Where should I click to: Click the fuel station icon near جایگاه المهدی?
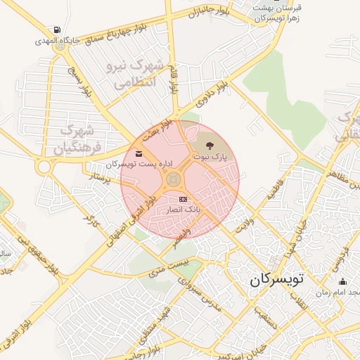56,30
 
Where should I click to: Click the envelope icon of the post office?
138,153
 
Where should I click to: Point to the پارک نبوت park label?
212,158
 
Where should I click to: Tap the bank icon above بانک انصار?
184,199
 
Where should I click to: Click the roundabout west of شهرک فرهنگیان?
45,167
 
